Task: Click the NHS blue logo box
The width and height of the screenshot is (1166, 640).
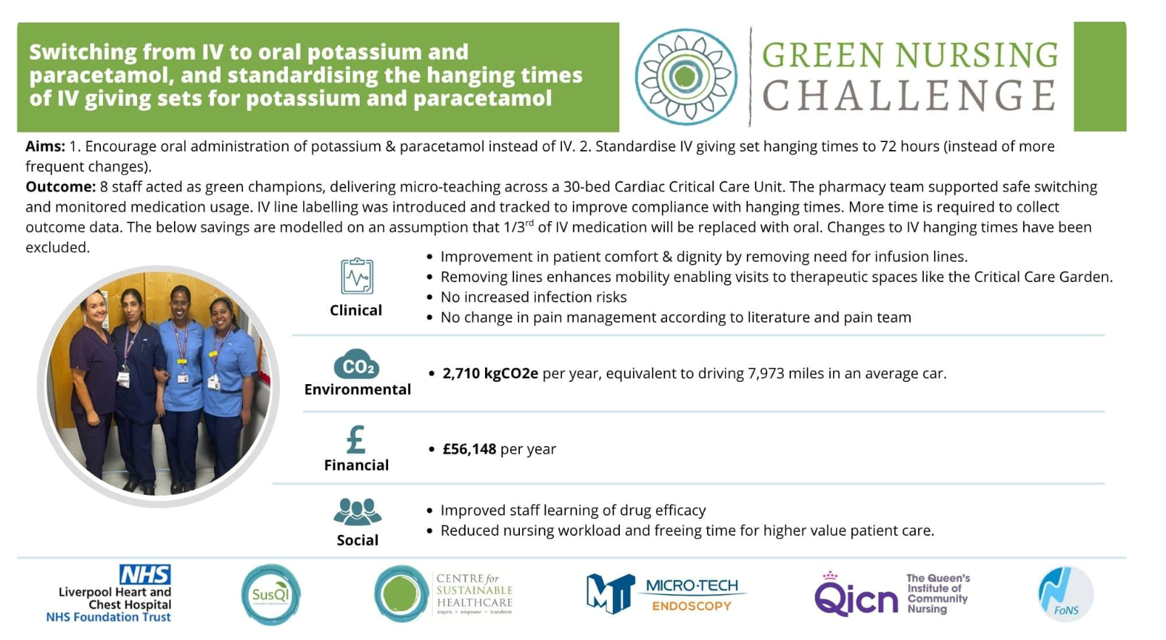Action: [x=145, y=575]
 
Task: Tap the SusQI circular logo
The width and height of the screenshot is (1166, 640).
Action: [x=270, y=594]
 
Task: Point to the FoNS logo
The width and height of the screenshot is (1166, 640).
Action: [x=1065, y=594]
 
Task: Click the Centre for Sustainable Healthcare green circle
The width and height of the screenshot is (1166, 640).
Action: [x=401, y=594]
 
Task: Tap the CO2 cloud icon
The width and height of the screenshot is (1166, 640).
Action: [x=357, y=365]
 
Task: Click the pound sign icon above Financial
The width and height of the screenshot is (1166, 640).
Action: [x=356, y=440]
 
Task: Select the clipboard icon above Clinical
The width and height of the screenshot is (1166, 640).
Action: [x=357, y=275]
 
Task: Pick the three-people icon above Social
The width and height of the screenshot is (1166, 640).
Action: [x=357, y=511]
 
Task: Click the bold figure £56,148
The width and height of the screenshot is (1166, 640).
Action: [x=469, y=449]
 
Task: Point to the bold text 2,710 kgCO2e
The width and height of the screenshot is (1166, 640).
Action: [x=490, y=373]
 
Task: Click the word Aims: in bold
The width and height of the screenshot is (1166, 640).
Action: [x=45, y=146]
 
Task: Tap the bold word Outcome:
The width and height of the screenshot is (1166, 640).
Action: [x=60, y=187]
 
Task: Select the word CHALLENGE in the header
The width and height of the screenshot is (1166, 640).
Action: [x=909, y=96]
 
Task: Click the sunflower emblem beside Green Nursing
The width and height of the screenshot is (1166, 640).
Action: [x=686, y=77]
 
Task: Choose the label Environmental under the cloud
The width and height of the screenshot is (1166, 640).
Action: [x=357, y=389]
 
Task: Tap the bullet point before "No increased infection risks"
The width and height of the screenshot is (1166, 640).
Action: [x=429, y=297]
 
